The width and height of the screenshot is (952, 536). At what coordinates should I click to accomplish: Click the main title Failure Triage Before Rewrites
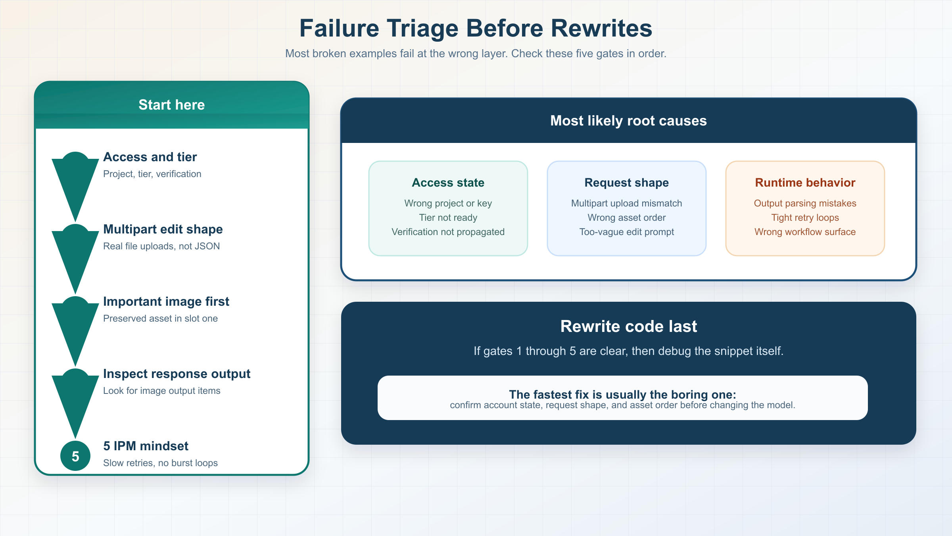tap(476, 29)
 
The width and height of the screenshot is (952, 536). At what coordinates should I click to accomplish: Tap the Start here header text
tap(171, 105)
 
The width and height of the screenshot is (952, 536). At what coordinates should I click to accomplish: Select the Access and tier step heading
tap(150, 157)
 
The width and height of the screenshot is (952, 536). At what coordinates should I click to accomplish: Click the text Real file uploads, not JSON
tap(161, 246)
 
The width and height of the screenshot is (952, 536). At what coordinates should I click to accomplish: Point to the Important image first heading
tap(166, 302)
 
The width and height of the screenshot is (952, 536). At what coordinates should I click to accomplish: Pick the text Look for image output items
tap(161, 391)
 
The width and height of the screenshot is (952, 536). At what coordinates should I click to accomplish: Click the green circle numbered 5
tap(75, 456)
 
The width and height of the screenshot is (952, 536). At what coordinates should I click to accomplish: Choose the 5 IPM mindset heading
tap(146, 446)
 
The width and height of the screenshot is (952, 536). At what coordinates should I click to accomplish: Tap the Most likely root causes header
tap(628, 121)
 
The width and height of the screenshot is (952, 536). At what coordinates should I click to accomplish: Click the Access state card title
tap(448, 183)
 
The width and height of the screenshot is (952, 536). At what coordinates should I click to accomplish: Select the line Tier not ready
tap(448, 218)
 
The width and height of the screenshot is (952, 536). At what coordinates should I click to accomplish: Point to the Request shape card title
tap(626, 183)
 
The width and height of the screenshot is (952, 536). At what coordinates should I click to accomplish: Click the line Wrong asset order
tap(626, 218)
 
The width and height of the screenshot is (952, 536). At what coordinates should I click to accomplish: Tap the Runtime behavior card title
tap(805, 183)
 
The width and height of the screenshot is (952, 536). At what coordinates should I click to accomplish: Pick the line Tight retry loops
tap(805, 218)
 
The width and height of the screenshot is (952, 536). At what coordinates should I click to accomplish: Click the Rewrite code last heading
tap(628, 326)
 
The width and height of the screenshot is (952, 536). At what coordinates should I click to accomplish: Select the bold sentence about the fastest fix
tap(622, 394)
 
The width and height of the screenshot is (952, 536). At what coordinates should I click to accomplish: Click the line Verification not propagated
tap(448, 232)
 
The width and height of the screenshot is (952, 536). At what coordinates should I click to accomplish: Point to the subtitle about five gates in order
tap(476, 54)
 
